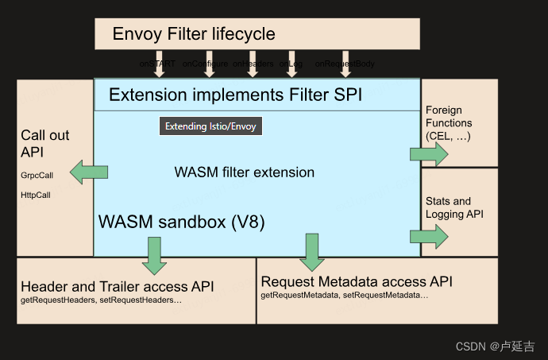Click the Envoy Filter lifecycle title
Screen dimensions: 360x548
(194, 33)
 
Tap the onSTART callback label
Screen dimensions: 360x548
(156, 63)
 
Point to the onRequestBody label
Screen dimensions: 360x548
(345, 63)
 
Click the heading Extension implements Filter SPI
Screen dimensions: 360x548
(235, 95)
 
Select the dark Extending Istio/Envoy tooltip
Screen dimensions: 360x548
(210, 126)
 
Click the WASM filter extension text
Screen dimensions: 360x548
(244, 172)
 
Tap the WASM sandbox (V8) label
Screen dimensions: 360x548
(180, 222)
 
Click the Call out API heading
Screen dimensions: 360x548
(44, 143)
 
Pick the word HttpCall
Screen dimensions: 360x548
(37, 194)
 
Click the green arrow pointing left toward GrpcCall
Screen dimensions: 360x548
(88, 172)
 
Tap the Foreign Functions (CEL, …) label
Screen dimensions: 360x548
(449, 123)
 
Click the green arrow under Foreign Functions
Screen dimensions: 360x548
(430, 154)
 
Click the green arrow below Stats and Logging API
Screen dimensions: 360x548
(430, 235)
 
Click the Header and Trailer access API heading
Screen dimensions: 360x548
(117, 286)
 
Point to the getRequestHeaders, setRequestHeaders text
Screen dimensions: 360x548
(101, 300)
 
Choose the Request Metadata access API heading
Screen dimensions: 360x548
(357, 281)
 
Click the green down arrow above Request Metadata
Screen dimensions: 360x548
(311, 252)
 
